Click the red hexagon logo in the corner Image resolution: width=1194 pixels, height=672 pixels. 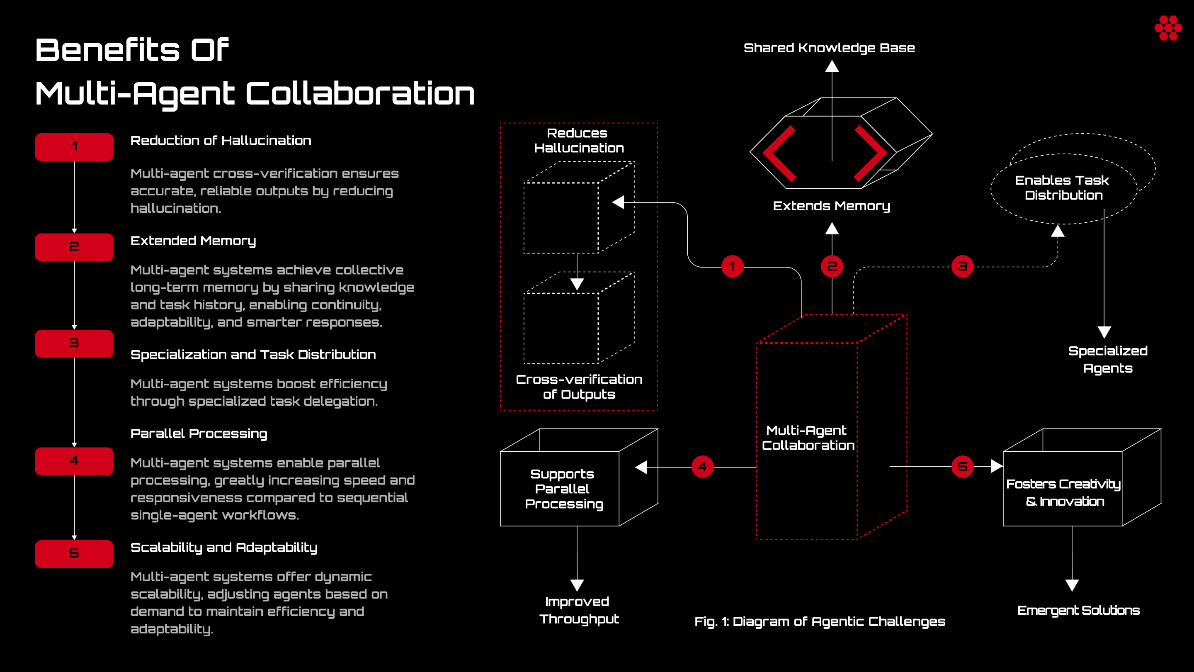pos(1168,28)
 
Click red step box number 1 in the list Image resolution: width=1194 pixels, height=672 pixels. pos(74,147)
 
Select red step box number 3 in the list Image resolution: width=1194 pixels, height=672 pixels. pos(74,343)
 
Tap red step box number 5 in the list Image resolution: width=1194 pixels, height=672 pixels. pos(74,554)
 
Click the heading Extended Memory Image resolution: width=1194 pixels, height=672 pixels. pos(193,241)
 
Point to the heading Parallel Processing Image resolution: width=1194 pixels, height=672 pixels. pos(199,433)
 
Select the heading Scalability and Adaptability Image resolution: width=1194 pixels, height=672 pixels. pos(224,548)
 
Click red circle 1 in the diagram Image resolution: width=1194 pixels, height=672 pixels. pos(732,267)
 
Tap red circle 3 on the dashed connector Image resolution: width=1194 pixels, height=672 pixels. pos(962,267)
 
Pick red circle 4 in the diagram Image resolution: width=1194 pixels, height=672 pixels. pos(702,467)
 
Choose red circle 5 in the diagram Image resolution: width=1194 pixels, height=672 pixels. pos(962,467)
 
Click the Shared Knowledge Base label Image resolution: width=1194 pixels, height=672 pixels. pos(829,48)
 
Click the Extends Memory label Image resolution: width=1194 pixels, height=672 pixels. pos(832,206)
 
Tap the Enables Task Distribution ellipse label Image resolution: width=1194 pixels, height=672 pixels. pos(1063,188)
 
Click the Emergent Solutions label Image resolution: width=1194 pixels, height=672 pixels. pos(1079,610)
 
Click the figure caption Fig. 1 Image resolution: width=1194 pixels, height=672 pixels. pos(820,621)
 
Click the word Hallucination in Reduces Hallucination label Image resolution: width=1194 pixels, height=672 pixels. pos(579,148)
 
